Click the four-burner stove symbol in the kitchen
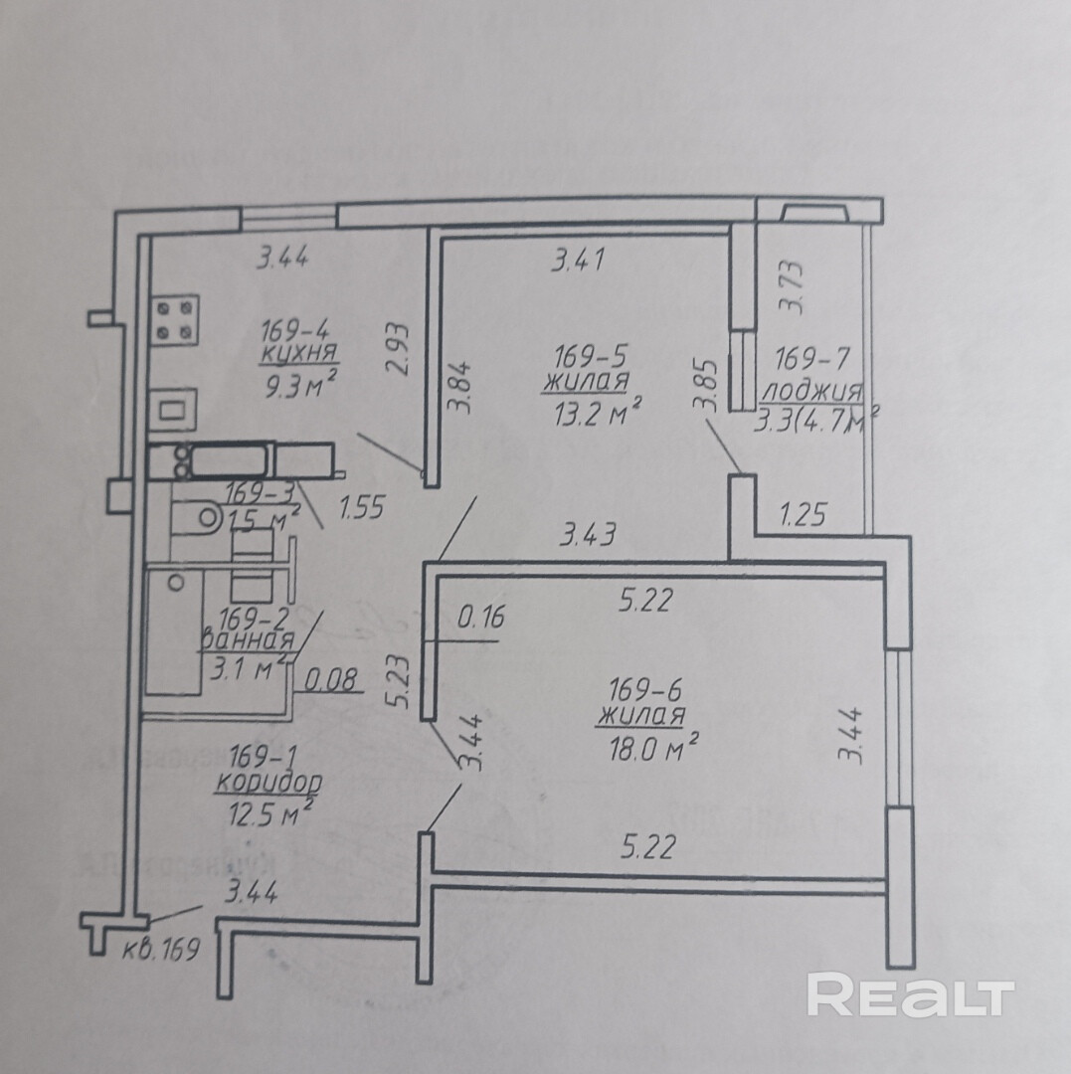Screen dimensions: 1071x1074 [x=175, y=320]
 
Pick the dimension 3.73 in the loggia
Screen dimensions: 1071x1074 [x=792, y=286]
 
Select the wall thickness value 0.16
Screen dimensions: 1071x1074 [x=481, y=618]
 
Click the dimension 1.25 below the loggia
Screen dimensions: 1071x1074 [x=804, y=515]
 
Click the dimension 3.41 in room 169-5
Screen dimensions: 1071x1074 [x=579, y=262]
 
